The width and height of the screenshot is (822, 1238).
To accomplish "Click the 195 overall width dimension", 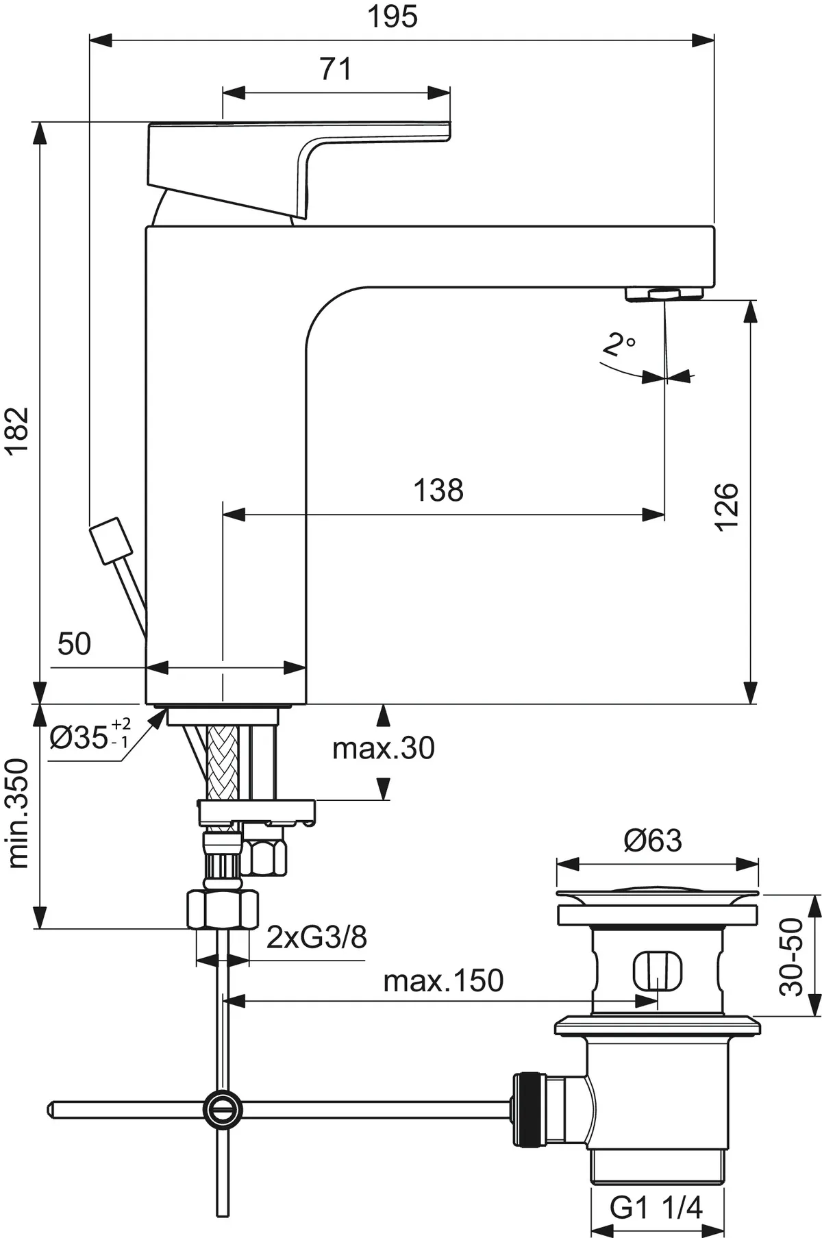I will (393, 16).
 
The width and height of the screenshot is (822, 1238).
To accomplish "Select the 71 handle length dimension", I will (336, 69).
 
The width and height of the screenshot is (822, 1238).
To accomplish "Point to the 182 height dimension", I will (17, 430).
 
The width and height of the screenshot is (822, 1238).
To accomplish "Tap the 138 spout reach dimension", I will (438, 491).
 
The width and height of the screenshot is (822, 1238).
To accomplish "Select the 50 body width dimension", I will (74, 644).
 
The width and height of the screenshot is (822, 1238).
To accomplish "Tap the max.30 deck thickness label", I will (384, 748).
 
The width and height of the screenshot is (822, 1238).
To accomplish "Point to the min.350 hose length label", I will (18, 813).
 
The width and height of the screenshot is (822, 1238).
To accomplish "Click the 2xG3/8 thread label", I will (316, 937).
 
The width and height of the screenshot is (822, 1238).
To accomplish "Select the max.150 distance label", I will (443, 981).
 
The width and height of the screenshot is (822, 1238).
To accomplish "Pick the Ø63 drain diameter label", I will (653, 841).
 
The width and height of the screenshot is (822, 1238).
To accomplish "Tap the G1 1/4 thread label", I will (656, 1208).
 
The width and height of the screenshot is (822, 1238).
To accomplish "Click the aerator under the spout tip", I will (664, 294).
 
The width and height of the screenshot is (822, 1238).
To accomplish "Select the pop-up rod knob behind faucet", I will (110, 541).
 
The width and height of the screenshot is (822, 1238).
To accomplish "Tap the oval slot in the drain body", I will (657, 970).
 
